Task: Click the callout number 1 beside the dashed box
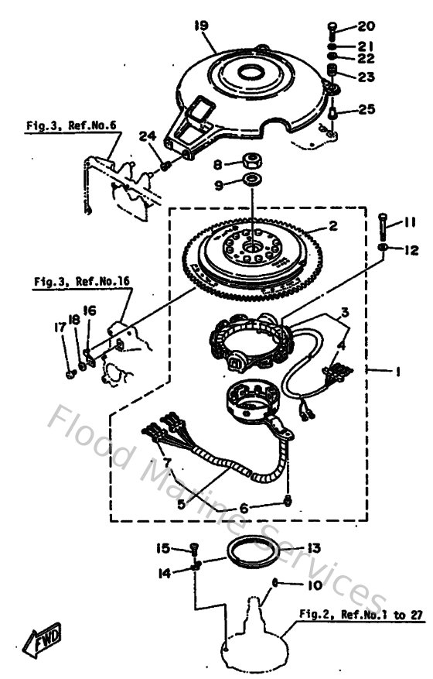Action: pyautogui.click(x=397, y=372)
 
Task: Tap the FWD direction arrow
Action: pyautogui.click(x=43, y=640)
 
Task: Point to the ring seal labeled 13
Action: pyautogui.click(x=252, y=555)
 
